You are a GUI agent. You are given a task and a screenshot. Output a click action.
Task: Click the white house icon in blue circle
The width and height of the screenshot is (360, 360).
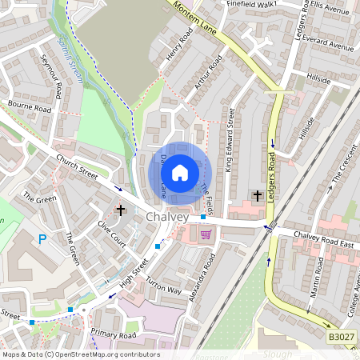point(180,172)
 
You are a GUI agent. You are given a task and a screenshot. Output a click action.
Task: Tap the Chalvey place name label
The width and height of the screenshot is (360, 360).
point(167,218)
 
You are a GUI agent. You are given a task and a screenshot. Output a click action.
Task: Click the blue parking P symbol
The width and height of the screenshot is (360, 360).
point(42,238)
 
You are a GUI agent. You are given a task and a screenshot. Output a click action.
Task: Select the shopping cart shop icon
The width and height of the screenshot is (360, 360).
point(206,234)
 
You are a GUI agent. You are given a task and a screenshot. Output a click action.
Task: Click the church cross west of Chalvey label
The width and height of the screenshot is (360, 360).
point(121,210)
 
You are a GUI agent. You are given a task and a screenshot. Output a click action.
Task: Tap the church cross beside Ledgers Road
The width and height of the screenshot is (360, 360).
point(257,195)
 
